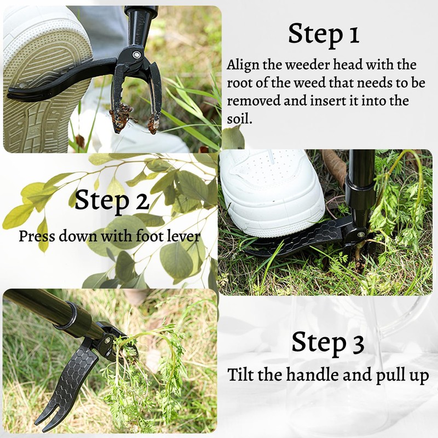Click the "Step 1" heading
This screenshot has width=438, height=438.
[324, 34]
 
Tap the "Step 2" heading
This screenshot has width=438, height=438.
[112, 200]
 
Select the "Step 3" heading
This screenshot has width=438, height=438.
[327, 342]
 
